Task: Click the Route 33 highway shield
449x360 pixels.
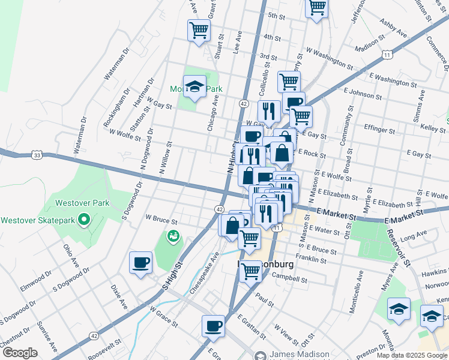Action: (x=37, y=155)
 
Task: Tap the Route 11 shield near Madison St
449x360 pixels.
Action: (x=388, y=55)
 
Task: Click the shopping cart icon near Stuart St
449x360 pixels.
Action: (x=199, y=30)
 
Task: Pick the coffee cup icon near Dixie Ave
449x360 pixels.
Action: (x=141, y=262)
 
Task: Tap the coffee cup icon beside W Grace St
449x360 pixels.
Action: (x=213, y=326)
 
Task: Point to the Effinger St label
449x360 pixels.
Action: (x=379, y=129)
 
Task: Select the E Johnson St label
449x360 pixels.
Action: (x=364, y=91)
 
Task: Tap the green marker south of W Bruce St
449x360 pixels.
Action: (x=173, y=236)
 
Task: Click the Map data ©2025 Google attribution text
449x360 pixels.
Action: (x=412, y=355)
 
